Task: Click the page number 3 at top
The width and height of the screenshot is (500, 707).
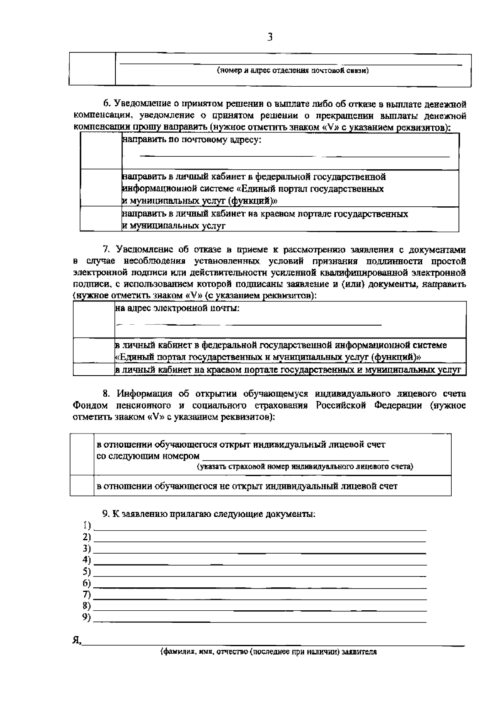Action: (x=270, y=38)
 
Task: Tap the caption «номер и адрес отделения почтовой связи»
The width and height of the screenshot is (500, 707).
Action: (x=292, y=70)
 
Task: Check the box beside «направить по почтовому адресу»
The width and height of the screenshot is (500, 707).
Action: (x=100, y=151)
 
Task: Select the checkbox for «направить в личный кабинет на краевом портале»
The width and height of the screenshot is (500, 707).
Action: (x=100, y=220)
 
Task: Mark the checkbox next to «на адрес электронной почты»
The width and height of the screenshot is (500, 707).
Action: (x=94, y=319)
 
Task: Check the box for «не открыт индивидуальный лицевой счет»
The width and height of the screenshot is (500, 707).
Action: (x=82, y=486)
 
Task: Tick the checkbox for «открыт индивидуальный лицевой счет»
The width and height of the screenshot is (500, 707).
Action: (x=82, y=454)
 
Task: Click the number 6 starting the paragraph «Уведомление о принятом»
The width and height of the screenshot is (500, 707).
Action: (x=106, y=103)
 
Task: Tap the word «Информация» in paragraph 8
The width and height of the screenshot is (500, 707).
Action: (x=144, y=394)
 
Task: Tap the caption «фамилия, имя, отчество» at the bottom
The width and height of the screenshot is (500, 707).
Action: (x=269, y=652)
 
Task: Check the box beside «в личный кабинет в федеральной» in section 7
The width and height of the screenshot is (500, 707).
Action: (x=94, y=351)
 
